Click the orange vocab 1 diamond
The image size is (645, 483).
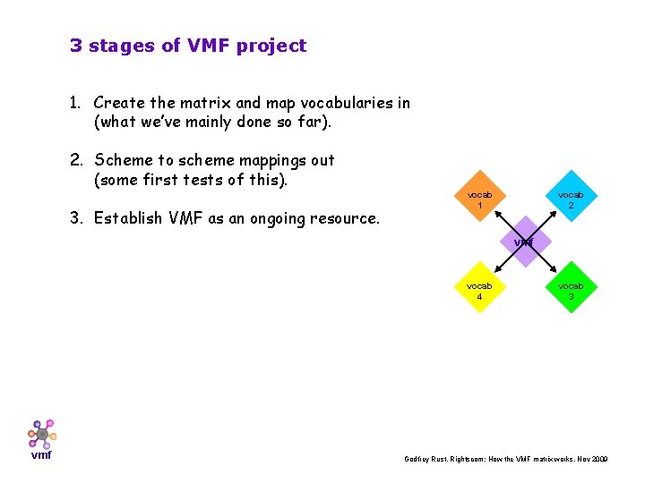[480, 199]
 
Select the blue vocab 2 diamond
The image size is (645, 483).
[571, 199]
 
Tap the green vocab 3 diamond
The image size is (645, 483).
[571, 290]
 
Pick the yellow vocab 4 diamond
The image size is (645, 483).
[479, 290]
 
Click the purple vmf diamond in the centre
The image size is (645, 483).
[525, 242]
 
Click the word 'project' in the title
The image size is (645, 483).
[271, 46]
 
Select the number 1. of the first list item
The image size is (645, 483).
[77, 103]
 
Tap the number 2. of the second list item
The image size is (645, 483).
[77, 160]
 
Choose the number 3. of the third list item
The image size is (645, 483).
[77, 217]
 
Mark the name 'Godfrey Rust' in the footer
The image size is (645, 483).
[426, 459]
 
